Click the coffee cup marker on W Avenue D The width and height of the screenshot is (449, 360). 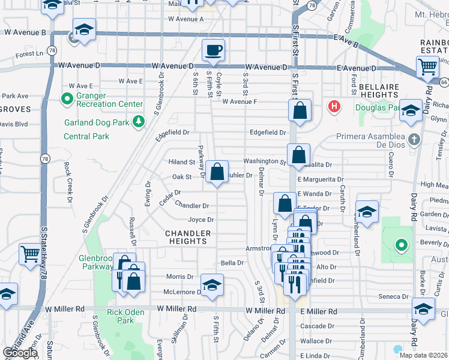tap(212, 50)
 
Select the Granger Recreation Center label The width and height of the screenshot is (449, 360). tap(109, 104)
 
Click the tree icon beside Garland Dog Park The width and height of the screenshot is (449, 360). tap(139, 122)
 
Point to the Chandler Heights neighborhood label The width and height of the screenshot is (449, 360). tap(188, 237)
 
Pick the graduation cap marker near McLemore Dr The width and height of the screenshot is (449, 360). tap(212, 286)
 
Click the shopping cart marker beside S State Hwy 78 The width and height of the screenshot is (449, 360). tap(29, 254)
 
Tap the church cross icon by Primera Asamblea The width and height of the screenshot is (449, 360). tap(414, 140)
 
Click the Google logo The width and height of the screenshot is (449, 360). tap(20, 353)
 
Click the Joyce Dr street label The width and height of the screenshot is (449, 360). tap(200, 220)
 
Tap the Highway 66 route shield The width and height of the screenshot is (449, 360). tap(443, 82)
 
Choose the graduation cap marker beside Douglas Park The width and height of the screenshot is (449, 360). tap(411, 110)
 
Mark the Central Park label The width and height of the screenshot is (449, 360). tap(86, 136)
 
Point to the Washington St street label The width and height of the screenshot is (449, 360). tap(264, 161)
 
